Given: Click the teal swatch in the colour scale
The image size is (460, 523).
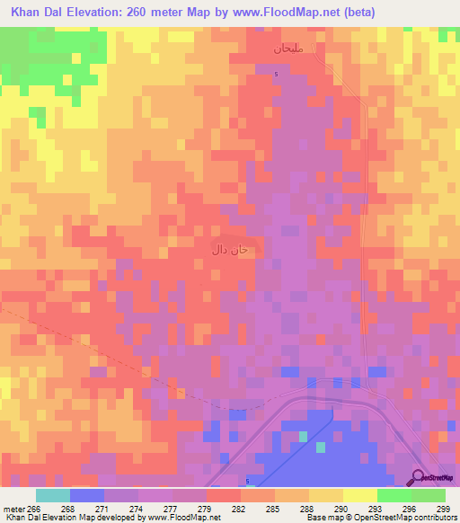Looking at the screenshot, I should coord(53,495).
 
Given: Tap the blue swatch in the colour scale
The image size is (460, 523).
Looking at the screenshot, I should coord(87,495).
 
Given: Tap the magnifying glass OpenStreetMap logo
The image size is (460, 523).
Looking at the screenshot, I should coord(420,476).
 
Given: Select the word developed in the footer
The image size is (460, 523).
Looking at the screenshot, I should coord(114,518).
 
